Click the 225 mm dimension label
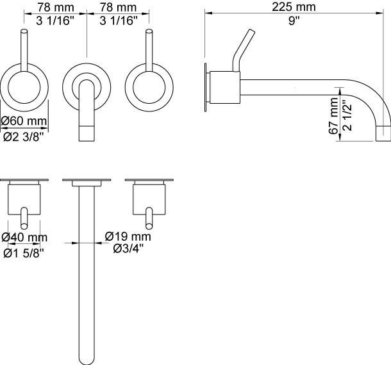tap(294, 7)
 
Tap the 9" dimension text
tap(294, 20)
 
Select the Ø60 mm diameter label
tap(24, 121)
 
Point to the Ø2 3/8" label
tap(24, 136)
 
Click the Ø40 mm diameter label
tap(24, 237)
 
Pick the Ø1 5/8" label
tap(24, 254)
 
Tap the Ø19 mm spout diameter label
tap(128, 236)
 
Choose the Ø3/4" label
tap(128, 248)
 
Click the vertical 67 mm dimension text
tap(333, 116)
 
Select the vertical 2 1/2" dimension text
tap(347, 116)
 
